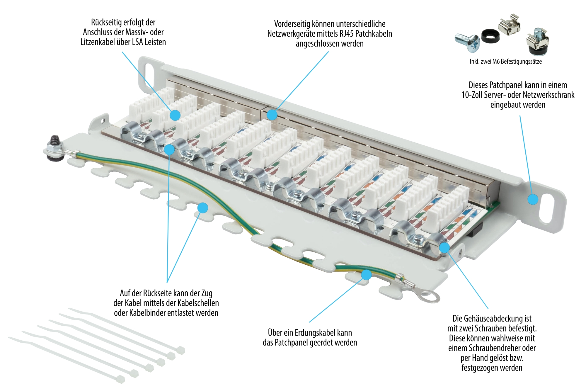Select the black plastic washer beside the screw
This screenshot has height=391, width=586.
click(x=490, y=36)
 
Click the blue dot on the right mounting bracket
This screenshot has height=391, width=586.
click(x=533, y=199)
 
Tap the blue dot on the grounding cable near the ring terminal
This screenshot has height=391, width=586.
click(x=366, y=275)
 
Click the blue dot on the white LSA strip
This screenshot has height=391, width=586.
click(x=175, y=115)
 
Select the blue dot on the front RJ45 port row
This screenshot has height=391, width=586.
click(x=272, y=115)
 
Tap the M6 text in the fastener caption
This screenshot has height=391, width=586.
click(x=496, y=62)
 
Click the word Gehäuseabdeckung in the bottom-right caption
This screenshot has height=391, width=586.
click(x=488, y=319)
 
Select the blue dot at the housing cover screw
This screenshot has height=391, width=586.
click(x=444, y=247)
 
